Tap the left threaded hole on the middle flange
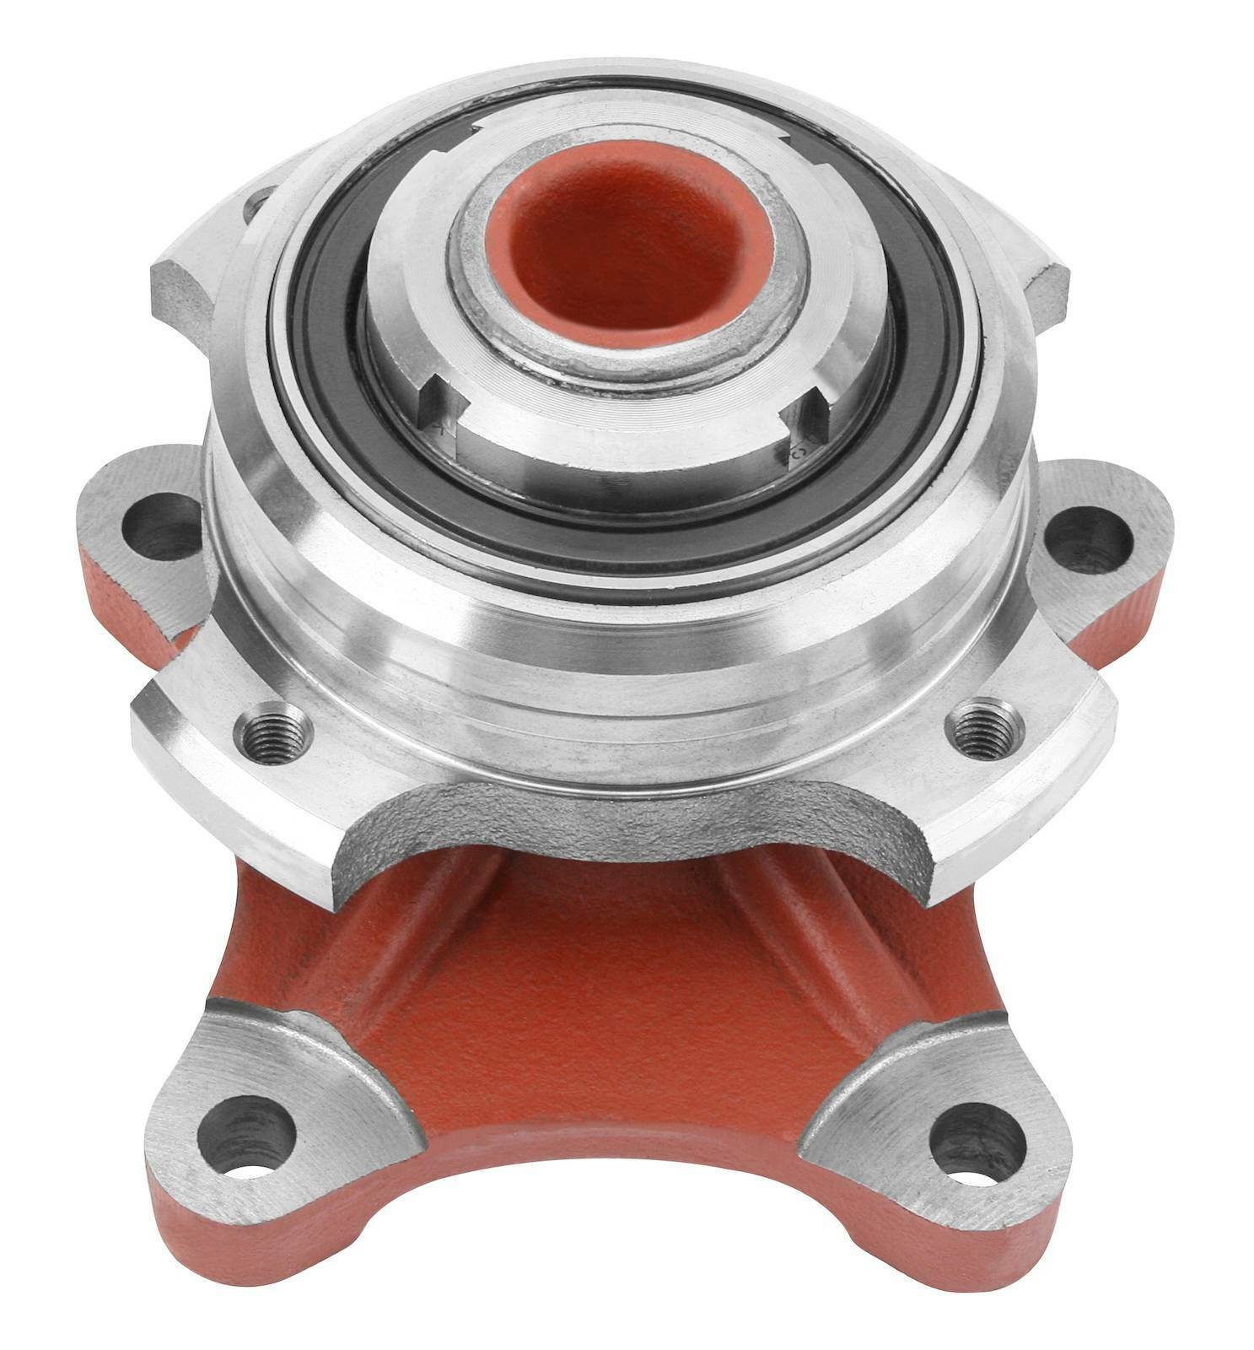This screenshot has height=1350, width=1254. (272, 732)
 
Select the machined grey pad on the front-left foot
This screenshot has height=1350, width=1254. (278, 1088)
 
